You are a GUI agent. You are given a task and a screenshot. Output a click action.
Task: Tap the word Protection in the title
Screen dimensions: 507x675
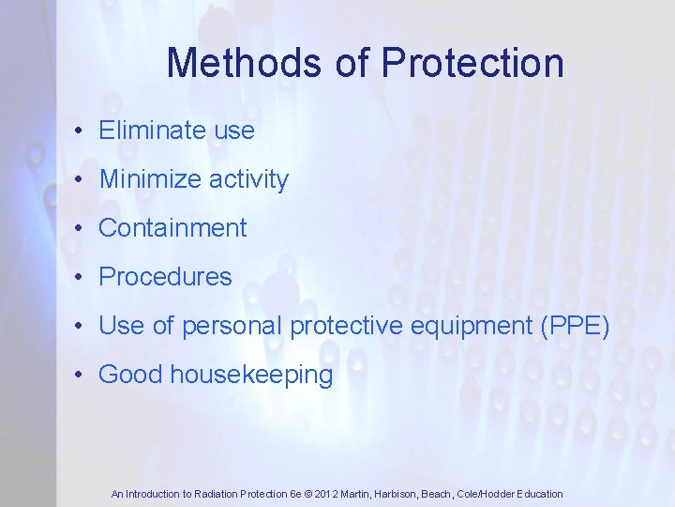pyautogui.click(x=473, y=64)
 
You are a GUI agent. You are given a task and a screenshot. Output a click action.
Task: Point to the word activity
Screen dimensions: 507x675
pyautogui.click(x=252, y=179)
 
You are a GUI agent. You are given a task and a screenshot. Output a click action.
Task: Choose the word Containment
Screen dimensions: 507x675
pyautogui.click(x=172, y=228)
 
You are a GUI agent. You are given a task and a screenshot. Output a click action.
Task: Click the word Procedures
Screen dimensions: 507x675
pyautogui.click(x=165, y=277)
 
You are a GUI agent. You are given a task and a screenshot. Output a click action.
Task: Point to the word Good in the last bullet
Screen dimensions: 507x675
pyautogui.click(x=130, y=376)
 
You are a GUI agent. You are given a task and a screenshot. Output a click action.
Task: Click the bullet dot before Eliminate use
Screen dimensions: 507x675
pyautogui.click(x=82, y=131)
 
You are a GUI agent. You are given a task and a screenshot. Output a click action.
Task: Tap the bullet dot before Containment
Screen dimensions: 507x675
pyautogui.click(x=82, y=229)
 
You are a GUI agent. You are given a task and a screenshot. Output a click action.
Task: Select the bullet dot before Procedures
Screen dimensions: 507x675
pyautogui.click(x=82, y=278)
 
